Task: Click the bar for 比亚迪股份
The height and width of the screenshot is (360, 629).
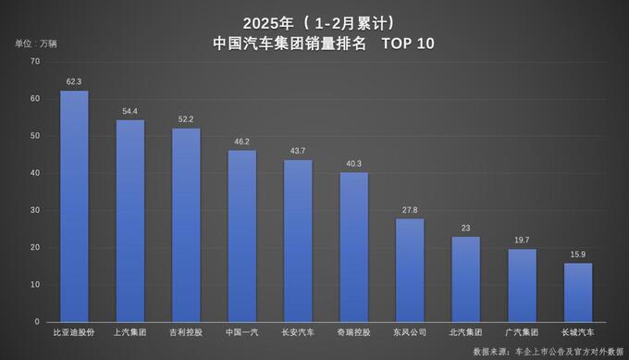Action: pos(74,206)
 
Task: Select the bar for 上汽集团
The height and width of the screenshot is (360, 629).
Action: pos(129,221)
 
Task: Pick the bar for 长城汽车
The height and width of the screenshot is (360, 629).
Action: pos(578,292)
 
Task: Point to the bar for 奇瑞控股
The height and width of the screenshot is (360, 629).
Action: pos(353,247)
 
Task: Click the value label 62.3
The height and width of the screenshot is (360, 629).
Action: pos(74,81)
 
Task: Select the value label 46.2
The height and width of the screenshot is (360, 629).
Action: pos(241,142)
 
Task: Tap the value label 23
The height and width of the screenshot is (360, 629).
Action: pos(465,228)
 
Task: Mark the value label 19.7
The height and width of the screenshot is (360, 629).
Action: pos(522,240)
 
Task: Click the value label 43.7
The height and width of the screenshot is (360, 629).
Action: pos(298,151)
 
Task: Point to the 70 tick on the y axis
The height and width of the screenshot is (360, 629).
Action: pos(35,61)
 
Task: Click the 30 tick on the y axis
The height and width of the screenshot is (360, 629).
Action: pos(35,210)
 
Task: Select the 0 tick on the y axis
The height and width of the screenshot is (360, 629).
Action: pos(38,322)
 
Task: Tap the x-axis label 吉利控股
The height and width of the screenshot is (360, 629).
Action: pos(186,331)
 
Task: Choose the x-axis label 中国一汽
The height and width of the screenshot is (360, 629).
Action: pos(241,331)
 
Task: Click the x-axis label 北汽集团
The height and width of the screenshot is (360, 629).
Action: pos(465,331)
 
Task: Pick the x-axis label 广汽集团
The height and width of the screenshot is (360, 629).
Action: pos(522,331)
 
